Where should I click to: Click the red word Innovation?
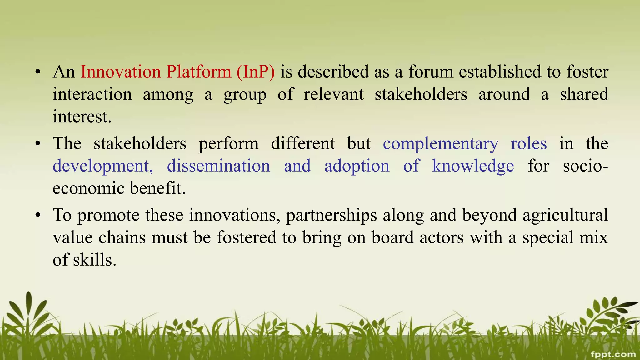coord(121,72)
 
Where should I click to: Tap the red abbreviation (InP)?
coord(256,72)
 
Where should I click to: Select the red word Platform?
coord(199,72)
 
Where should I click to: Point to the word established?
coord(500,72)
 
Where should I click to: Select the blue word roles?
coord(529,144)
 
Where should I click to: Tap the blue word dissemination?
coord(218,166)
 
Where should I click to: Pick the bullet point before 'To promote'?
coord(38,216)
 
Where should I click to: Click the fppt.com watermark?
coord(613,354)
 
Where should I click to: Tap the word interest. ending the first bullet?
coord(82,117)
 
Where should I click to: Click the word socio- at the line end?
coord(585,166)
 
